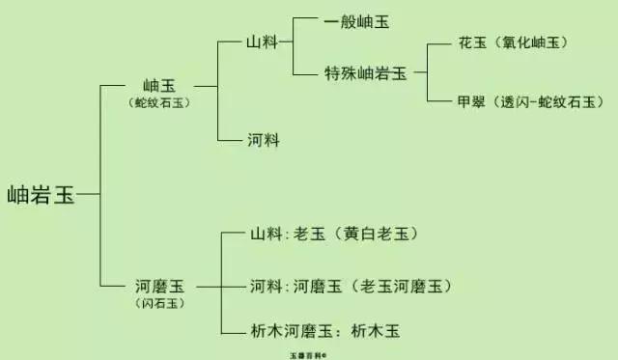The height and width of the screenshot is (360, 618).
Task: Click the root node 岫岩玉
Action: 41,194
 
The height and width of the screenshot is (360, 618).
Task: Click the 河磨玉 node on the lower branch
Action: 159,286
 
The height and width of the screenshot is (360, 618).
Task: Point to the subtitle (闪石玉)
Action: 158,302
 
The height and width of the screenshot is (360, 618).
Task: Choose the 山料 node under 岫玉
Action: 263,43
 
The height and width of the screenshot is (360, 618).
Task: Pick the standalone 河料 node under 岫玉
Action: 263,140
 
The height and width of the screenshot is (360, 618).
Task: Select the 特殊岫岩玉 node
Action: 366,72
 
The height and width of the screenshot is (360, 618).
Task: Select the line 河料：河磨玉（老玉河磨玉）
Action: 351,286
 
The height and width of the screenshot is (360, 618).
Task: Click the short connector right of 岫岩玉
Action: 89,194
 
